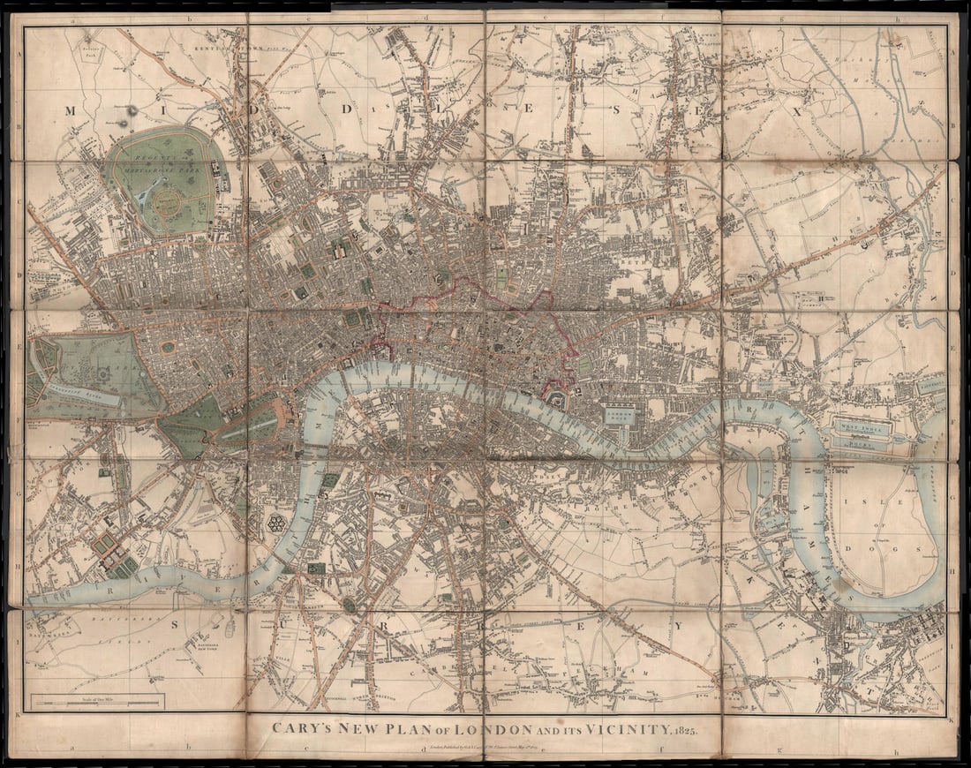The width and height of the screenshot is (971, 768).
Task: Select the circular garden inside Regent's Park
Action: [x=167, y=204]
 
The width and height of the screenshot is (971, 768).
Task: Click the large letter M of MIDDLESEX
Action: [x=72, y=110]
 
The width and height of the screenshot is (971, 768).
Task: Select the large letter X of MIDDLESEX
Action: [x=796, y=112]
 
